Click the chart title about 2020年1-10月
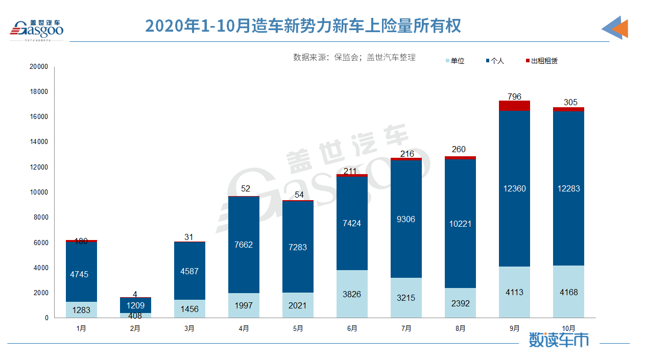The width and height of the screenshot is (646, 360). [303, 26]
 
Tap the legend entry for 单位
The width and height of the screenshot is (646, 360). [454, 61]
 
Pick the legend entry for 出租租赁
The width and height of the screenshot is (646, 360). [541, 61]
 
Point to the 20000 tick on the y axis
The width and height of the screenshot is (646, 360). [39, 66]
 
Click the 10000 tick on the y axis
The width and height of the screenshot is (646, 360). [39, 192]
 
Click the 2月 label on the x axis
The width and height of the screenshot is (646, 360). [135, 328]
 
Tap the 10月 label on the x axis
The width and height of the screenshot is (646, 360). [568, 328]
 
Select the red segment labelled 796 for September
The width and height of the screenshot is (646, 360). [514, 106]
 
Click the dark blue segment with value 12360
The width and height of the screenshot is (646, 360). [514, 188]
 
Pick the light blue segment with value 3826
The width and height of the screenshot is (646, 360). [352, 294]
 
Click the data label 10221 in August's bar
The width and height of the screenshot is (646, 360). [460, 224]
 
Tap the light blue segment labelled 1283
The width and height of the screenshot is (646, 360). [81, 309]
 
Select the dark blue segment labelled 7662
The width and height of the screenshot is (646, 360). [244, 245]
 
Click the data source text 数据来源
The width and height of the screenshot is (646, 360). [354, 57]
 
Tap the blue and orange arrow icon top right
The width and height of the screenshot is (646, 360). [615, 28]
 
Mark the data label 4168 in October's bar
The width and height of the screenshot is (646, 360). [568, 292]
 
